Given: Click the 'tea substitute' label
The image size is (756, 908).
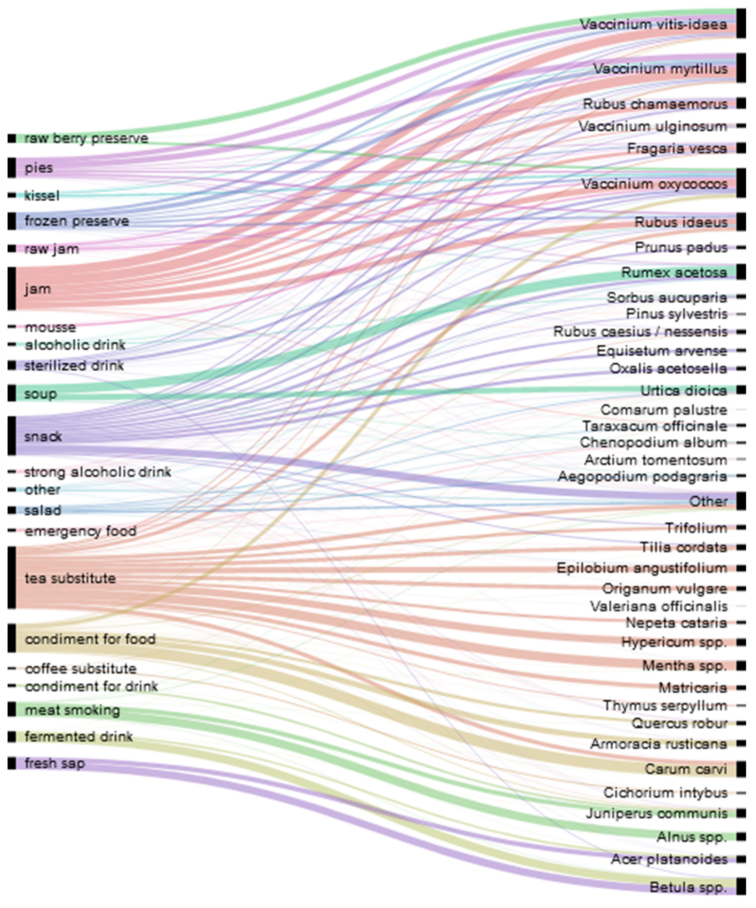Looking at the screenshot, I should point(70,578).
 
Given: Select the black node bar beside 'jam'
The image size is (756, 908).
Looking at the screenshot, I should point(12,288).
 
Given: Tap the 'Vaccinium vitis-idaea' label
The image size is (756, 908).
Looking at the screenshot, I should point(653,24).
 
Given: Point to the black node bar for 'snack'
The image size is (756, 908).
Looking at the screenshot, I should point(12,436).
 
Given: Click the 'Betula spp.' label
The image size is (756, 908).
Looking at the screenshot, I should point(688,887).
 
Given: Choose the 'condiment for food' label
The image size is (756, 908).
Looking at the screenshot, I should point(90,639).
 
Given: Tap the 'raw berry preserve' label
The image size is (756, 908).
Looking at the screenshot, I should point(86,138).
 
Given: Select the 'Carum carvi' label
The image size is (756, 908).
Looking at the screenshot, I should point(685,769).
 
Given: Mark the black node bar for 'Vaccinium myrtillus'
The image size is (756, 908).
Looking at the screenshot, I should point(741,68).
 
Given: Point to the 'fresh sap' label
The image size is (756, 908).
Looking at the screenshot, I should point(54,763).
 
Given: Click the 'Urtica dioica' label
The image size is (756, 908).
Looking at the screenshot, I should point(683,390).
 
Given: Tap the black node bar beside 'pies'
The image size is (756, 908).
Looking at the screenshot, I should point(12,168).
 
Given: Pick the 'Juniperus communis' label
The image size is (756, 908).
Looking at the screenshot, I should point(656,813).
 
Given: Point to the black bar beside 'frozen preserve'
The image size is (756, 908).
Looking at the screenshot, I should point(12,221).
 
